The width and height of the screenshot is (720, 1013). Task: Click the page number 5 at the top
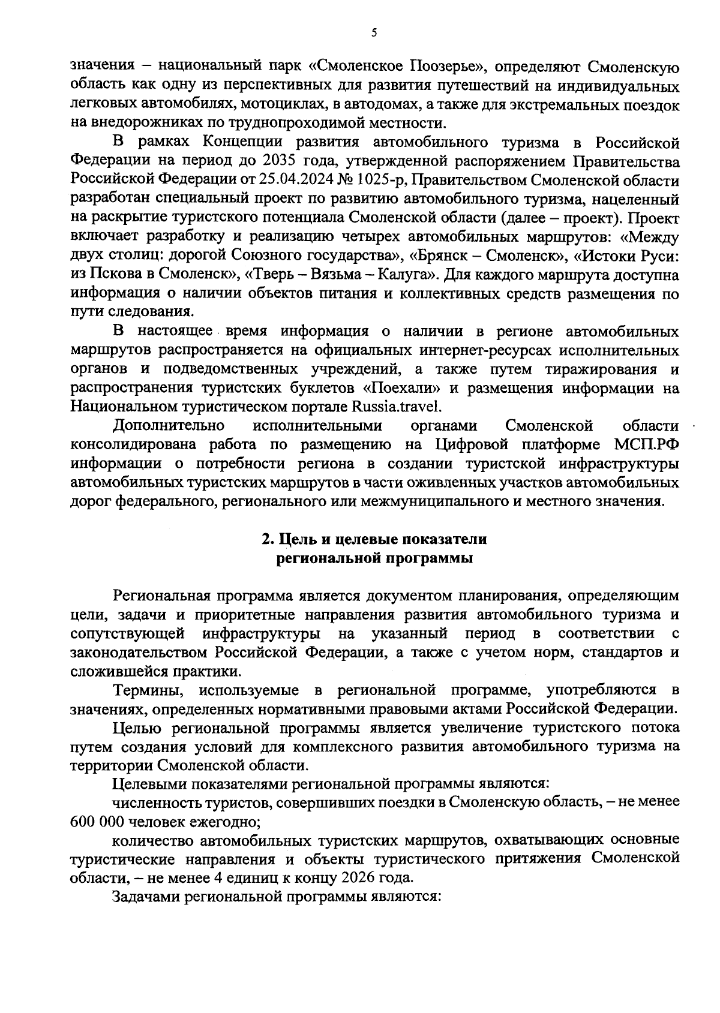pos(374,34)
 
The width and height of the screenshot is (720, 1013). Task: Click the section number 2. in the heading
pos(268,539)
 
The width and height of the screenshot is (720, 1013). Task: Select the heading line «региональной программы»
pos(374,558)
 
